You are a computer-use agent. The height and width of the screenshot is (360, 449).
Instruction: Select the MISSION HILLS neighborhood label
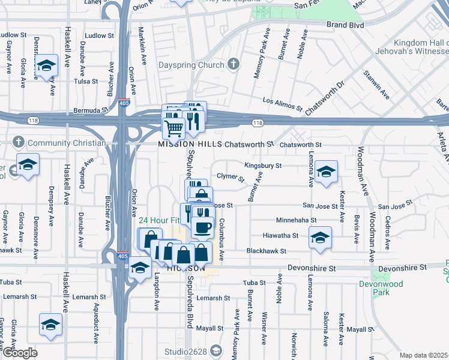tap(185, 145)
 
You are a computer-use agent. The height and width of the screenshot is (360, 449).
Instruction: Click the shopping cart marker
tap(174, 127)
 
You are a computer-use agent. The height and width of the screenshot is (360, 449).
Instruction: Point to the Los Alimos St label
tap(282, 104)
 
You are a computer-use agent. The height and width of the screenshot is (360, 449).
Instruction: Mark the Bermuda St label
tap(91, 111)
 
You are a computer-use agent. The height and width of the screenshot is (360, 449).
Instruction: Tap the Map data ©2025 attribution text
tap(424, 355)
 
